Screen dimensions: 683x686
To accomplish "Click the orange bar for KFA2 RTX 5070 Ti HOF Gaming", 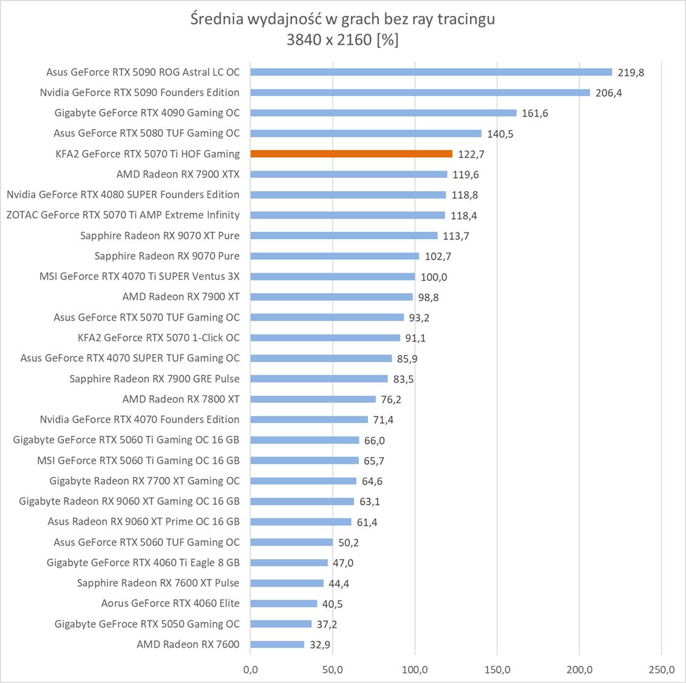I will click(351, 154).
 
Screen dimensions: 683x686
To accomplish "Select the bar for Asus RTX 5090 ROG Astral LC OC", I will click(431, 72).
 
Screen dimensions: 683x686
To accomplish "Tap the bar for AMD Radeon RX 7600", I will click(277, 644).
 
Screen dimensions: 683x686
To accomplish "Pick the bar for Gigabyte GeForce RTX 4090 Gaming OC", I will click(383, 113).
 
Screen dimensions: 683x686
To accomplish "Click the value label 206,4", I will click(608, 93).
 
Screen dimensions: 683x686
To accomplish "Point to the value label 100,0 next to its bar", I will click(433, 277).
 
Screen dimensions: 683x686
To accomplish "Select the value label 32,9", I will click(320, 645).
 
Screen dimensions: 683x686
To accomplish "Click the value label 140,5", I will click(500, 134).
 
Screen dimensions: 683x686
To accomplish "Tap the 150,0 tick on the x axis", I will click(497, 670).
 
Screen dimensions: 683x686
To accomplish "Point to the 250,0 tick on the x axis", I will click(661, 670).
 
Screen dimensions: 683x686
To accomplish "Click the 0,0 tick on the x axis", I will click(250, 670).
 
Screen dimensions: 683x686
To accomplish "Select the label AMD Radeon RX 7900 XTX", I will click(178, 174).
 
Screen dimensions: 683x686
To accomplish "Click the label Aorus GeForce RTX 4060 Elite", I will click(170, 603).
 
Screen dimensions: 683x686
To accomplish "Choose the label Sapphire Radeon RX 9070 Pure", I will click(167, 256).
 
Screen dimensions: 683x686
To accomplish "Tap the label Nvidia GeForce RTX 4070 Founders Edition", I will click(140, 419).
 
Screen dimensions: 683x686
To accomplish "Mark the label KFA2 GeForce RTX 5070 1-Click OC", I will click(158, 338).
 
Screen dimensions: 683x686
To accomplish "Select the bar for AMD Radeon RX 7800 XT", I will click(313, 399).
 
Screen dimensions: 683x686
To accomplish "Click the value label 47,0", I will click(343, 563).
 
